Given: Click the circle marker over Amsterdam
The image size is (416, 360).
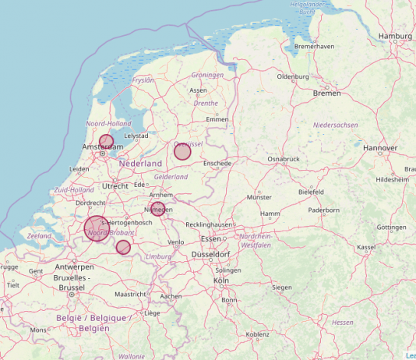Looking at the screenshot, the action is point(106,142).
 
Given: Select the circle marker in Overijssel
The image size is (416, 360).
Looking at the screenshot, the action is point(182,151).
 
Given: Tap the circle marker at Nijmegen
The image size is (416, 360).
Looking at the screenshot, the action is point(158,209).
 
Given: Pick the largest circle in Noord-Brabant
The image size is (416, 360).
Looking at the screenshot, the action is point(96,228).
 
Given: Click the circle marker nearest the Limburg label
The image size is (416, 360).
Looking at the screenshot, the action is point(123,247).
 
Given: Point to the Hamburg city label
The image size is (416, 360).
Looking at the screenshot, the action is point(394,36).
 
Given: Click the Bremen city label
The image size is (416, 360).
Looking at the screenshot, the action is point(326,94).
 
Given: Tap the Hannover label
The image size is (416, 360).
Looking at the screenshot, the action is point(380,147).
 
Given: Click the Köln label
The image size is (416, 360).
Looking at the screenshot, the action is point(220,280).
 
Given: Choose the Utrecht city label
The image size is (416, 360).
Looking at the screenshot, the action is point(115,186).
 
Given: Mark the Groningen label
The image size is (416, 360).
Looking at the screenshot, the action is point(207,76).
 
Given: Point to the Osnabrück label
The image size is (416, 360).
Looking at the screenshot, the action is point(284,159).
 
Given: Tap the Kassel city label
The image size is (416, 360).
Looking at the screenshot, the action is point(366,247).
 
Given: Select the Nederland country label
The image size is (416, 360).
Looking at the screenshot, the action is point(140,164).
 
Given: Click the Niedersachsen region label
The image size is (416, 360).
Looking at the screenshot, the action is point(335,125).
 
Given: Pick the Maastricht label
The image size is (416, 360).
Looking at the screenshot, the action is point(130,295).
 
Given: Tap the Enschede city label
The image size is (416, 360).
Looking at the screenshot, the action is point(217,164).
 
